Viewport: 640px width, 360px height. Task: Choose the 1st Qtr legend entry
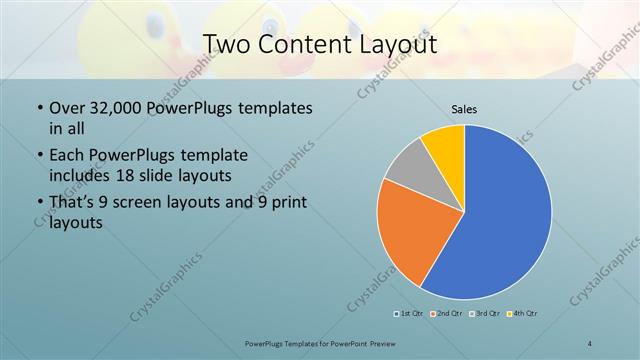click(408, 314)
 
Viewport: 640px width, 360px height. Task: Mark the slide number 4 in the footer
click(590, 343)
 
